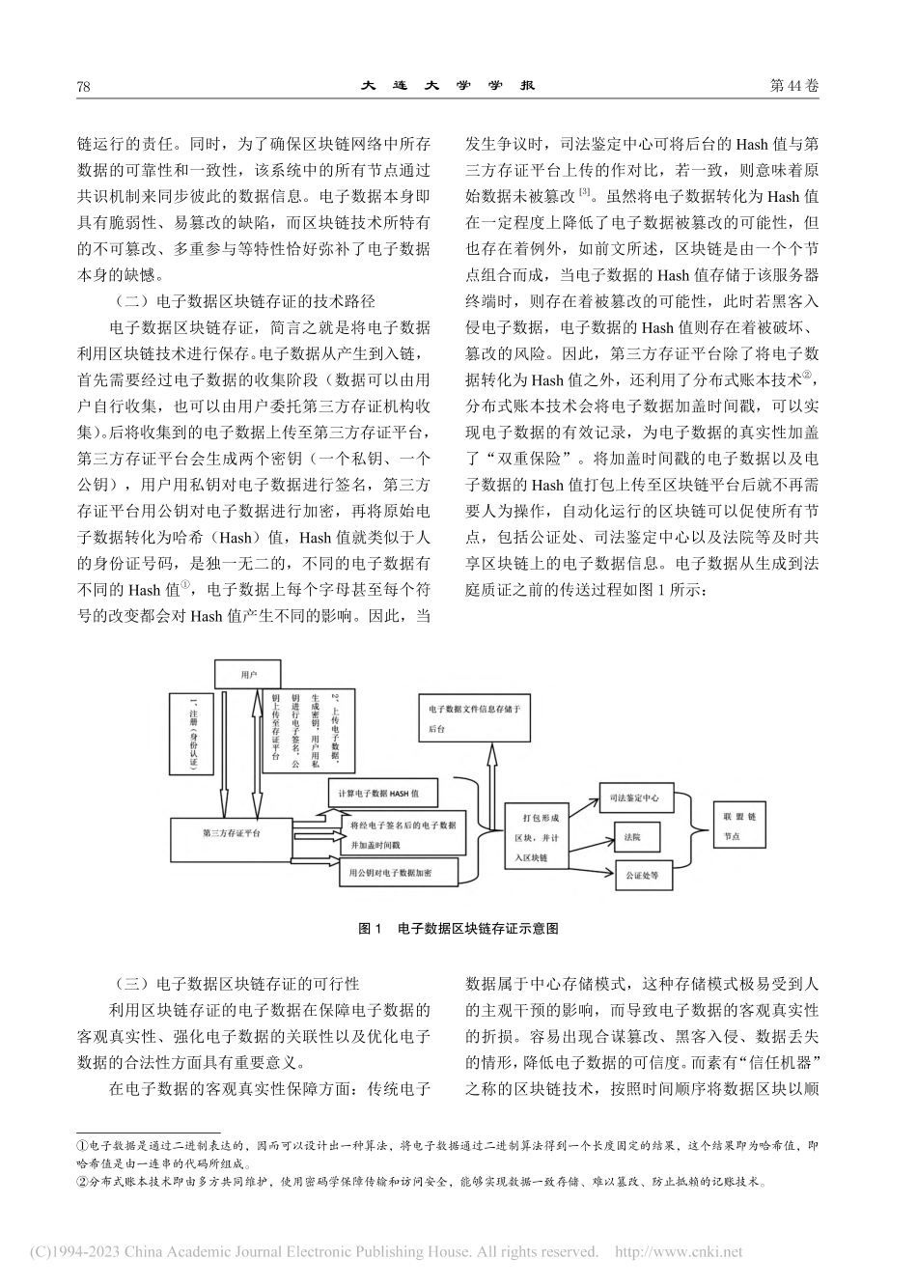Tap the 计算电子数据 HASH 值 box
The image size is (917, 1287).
click(381, 794)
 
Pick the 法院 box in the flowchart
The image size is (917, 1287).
click(633, 833)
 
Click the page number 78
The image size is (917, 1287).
click(83, 86)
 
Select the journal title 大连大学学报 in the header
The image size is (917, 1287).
click(449, 85)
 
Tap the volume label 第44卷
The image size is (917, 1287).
click(794, 86)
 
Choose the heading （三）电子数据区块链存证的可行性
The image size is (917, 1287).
click(236, 984)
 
